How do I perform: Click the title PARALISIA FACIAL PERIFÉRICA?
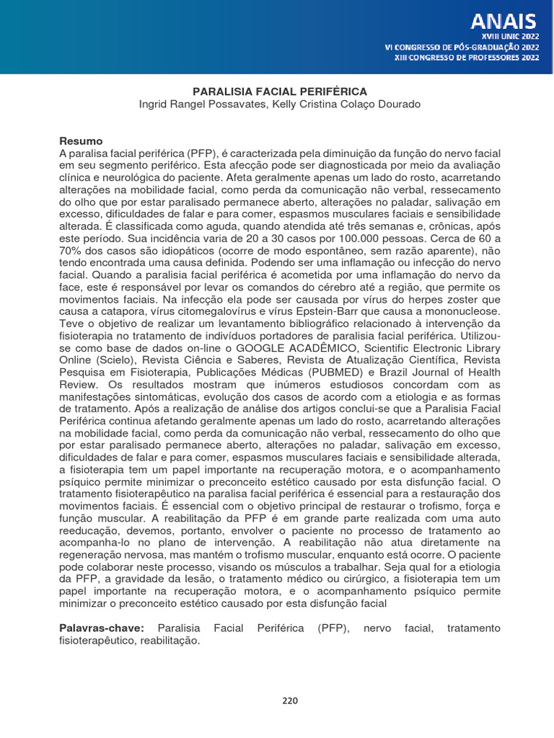[x=279, y=92]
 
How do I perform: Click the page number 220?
[x=289, y=700]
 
